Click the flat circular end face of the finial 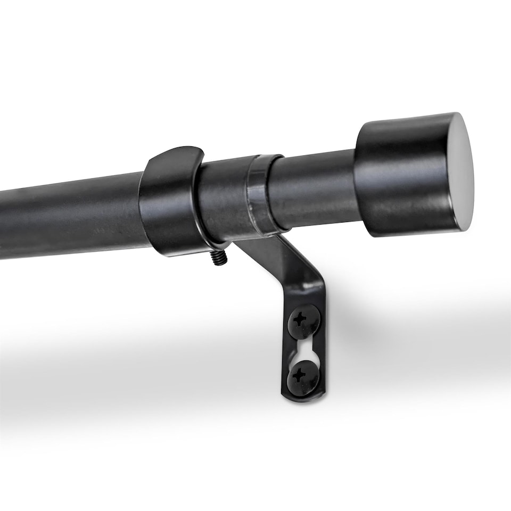tap(459, 171)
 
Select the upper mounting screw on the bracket tap(304, 321)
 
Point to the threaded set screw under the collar tap(219, 258)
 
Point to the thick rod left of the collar tap(69, 216)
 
